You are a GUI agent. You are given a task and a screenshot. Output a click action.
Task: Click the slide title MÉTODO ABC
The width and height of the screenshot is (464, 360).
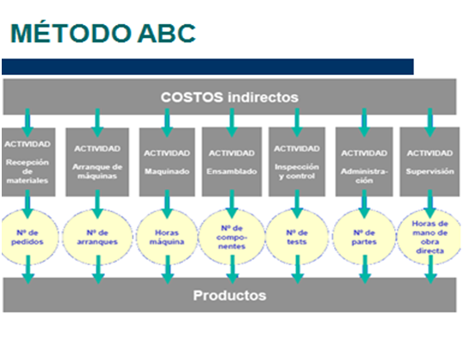tap(102, 34)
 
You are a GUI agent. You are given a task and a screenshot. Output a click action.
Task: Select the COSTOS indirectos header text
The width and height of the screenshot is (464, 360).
tap(229, 97)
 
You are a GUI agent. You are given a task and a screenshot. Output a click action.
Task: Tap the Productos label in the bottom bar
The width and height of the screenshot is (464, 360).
tap(229, 295)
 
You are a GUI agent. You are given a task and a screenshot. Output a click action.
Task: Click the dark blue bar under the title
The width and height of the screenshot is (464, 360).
tap(207, 66)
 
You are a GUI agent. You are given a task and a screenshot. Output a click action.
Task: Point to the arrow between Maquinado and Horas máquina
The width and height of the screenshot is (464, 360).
tap(166, 204)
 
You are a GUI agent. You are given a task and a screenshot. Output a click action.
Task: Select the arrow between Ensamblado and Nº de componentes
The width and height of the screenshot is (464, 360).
tap(229, 204)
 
